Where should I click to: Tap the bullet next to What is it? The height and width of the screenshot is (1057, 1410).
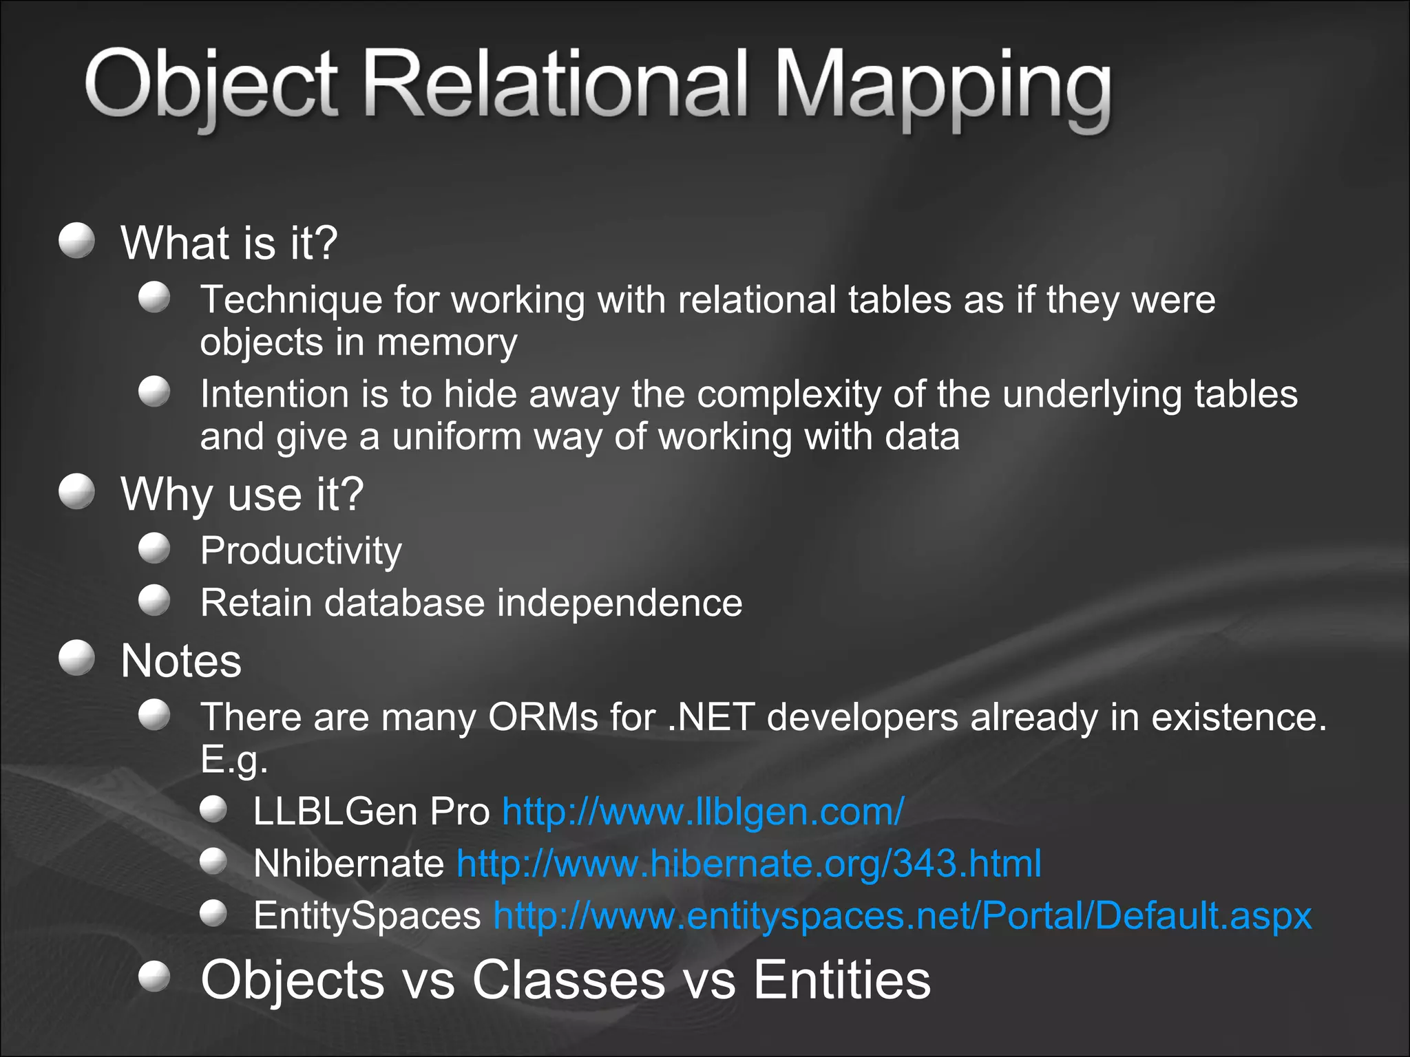tap(76, 240)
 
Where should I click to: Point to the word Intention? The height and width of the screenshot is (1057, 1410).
tap(275, 394)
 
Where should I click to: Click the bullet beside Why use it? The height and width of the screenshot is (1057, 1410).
tap(76, 491)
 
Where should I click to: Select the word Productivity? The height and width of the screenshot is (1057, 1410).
tap(301, 551)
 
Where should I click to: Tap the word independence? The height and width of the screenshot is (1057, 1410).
tap(620, 603)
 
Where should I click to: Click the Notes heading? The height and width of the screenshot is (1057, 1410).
tap(181, 661)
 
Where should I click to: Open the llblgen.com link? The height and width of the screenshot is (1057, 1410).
tap(702, 811)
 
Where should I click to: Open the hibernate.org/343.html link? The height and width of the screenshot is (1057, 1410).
tap(748, 863)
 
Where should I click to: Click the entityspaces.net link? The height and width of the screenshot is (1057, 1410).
tap(902, 916)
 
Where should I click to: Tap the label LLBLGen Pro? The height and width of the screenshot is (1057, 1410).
tap(371, 811)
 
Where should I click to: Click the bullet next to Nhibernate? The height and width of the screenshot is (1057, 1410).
tap(213, 861)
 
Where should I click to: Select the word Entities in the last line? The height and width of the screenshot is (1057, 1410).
tap(841, 979)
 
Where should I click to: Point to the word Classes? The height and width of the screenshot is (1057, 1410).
tap(568, 979)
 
